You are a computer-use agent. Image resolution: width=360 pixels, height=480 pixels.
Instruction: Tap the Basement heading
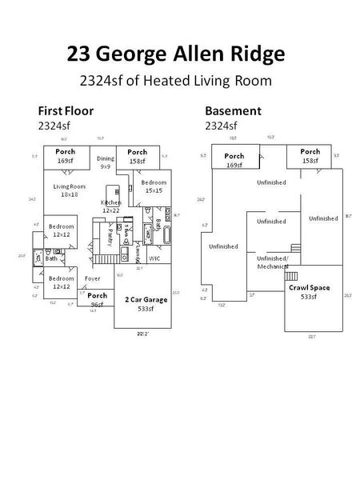click(x=232, y=111)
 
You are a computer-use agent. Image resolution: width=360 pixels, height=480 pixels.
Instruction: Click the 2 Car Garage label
click(x=146, y=299)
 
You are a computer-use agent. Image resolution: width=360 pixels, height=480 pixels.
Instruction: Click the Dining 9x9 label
click(x=106, y=163)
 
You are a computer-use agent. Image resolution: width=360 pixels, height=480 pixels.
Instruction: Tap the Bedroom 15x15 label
click(x=154, y=186)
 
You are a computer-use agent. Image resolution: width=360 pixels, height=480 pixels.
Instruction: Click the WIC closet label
click(x=154, y=258)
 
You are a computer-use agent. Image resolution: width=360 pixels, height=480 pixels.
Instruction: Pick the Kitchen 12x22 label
click(x=110, y=206)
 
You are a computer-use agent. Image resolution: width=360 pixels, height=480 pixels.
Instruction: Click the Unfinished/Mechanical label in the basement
click(x=272, y=262)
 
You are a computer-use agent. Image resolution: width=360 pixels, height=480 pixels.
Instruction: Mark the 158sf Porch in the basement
click(x=310, y=156)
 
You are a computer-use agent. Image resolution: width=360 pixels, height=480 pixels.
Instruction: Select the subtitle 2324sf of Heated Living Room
click(x=176, y=80)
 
